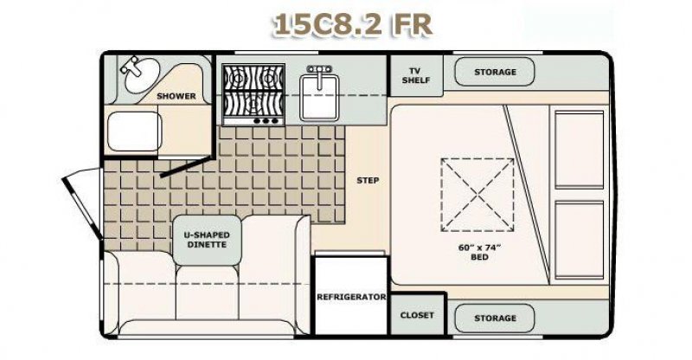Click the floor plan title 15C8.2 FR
(352, 25)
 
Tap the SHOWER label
(176, 96)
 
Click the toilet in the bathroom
(135, 132)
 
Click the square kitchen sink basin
(319, 97)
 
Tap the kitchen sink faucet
(319, 72)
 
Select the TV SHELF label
(416, 75)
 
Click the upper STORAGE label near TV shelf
(495, 72)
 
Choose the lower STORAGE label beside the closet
(495, 318)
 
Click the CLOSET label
(417, 315)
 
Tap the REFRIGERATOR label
(351, 297)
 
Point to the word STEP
(368, 180)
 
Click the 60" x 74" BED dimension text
(479, 252)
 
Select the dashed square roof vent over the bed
(477, 195)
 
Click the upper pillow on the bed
(579, 150)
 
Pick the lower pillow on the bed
(579, 240)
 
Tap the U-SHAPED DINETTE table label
(207, 240)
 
